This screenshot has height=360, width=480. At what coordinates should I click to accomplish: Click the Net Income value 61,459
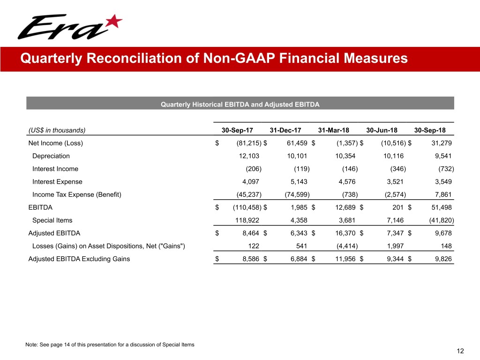[x=297, y=143]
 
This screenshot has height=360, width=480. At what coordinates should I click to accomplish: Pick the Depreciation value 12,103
[x=249, y=156]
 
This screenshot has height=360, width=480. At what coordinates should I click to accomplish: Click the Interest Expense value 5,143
[x=297, y=182]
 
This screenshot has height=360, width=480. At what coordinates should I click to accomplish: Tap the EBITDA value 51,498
[x=441, y=208]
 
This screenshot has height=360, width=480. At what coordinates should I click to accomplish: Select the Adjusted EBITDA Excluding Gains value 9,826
[x=443, y=259]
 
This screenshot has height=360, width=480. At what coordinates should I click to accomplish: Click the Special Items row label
[x=52, y=220]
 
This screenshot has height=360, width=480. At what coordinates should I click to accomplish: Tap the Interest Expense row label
[x=57, y=182]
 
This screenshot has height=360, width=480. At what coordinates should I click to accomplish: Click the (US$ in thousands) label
[x=57, y=130]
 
